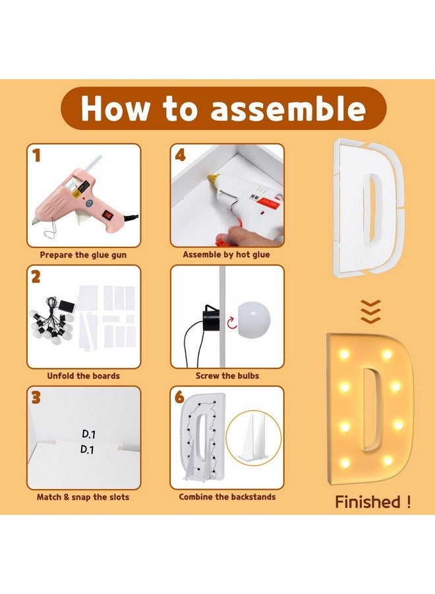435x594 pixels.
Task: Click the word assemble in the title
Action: click(x=288, y=109)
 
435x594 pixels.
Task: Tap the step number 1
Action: click(x=36, y=155)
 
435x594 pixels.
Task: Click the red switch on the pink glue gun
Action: click(x=109, y=214)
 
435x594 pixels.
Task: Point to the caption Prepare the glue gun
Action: click(x=83, y=255)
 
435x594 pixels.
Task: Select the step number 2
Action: click(x=36, y=277)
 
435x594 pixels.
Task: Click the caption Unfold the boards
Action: click(x=83, y=376)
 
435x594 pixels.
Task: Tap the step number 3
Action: click(x=36, y=398)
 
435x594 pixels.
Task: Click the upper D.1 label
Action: click(x=88, y=434)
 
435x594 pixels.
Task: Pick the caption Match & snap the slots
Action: click(x=83, y=497)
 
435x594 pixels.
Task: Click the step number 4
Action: click(x=181, y=155)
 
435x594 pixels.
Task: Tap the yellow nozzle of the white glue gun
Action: click(x=214, y=178)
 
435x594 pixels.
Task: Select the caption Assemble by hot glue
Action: click(x=226, y=255)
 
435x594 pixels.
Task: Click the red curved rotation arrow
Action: click(x=232, y=323)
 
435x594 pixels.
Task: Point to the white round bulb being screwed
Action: click(x=254, y=318)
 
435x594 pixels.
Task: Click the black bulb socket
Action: click(x=211, y=318)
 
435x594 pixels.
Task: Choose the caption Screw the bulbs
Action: click(x=227, y=376)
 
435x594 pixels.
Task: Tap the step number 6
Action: click(x=180, y=398)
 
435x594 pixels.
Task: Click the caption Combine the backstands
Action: click(x=227, y=497)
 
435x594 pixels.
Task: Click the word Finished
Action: click(x=368, y=502)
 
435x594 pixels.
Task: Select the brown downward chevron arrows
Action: click(x=370, y=312)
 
